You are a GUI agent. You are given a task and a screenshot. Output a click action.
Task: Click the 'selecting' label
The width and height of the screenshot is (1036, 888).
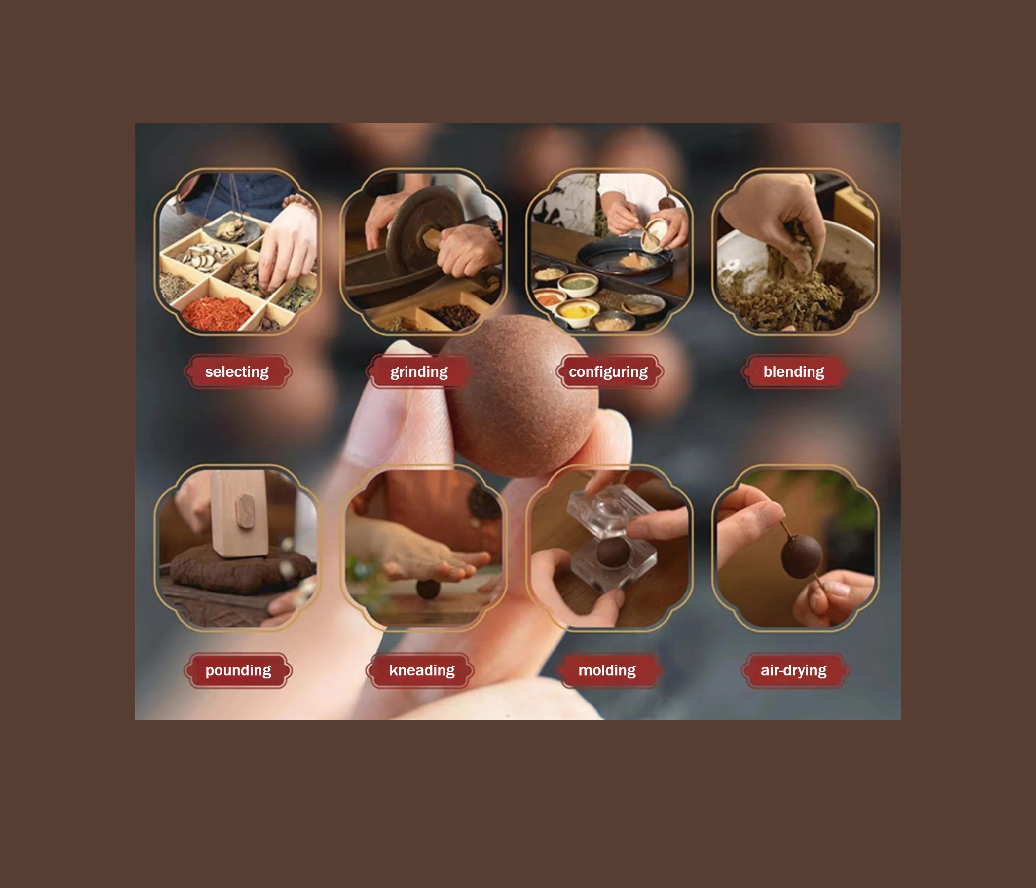tap(237, 371)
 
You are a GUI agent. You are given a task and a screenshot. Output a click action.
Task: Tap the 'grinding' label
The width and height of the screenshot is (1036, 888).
tap(419, 371)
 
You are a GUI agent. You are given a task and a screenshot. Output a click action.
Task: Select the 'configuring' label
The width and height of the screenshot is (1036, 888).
tap(608, 371)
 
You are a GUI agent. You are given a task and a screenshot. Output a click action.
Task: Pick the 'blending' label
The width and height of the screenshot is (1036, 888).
tap(793, 371)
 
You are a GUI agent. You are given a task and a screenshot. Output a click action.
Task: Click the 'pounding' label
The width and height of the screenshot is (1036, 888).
tap(238, 670)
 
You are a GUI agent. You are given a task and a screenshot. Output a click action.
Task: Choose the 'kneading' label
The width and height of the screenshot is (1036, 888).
tap(421, 670)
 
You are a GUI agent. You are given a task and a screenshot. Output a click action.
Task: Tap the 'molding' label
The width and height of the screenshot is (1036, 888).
tap(607, 670)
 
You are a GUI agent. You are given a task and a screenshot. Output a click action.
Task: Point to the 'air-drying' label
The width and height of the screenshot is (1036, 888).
tap(793, 670)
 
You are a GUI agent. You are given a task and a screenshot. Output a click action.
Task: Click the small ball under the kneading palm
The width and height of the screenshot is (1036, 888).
tap(428, 589)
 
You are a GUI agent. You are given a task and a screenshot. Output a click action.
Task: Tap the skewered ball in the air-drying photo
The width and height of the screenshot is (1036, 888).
tap(802, 556)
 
